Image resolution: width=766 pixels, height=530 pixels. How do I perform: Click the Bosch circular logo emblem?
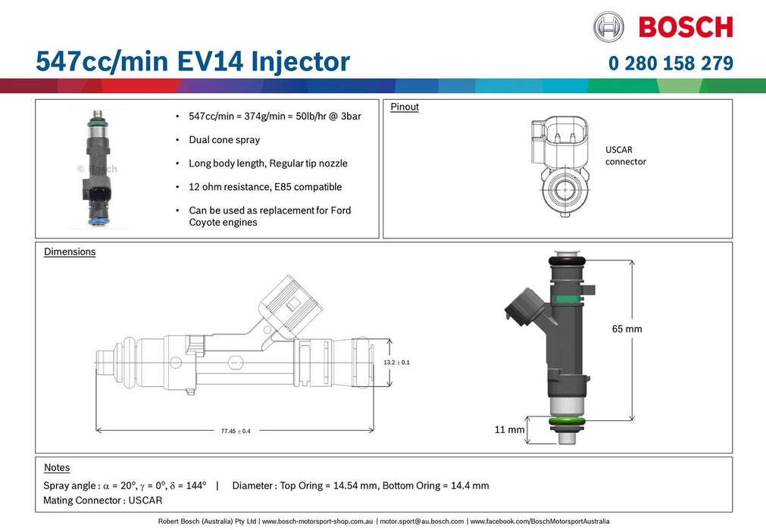pyautogui.click(x=608, y=26)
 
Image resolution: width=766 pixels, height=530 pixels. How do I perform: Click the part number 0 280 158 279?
pyautogui.click(x=671, y=64)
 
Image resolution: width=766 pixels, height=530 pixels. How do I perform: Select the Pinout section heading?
pyautogui.click(x=405, y=107)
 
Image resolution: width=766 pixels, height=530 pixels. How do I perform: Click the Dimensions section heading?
pyautogui.click(x=70, y=251)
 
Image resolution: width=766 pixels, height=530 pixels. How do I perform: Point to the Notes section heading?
pyautogui.click(x=57, y=468)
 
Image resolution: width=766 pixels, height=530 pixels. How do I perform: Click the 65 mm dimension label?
pyautogui.click(x=627, y=329)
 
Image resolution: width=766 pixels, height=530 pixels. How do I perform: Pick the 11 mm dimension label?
pyautogui.click(x=509, y=429)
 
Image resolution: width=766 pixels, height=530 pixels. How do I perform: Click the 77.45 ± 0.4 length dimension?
pyautogui.click(x=236, y=431)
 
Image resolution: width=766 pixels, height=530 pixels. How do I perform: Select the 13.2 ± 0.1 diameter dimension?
pyautogui.click(x=396, y=363)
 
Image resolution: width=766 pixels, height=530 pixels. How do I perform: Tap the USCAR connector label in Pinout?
pyautogui.click(x=625, y=156)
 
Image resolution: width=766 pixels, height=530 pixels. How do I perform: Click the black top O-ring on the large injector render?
pyautogui.click(x=566, y=260)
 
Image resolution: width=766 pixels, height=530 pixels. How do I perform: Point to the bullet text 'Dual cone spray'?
pyautogui.click(x=224, y=140)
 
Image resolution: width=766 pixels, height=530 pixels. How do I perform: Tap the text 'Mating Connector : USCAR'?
pyautogui.click(x=103, y=500)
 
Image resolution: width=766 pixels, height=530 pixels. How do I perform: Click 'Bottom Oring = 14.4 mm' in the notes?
pyautogui.click(x=436, y=485)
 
